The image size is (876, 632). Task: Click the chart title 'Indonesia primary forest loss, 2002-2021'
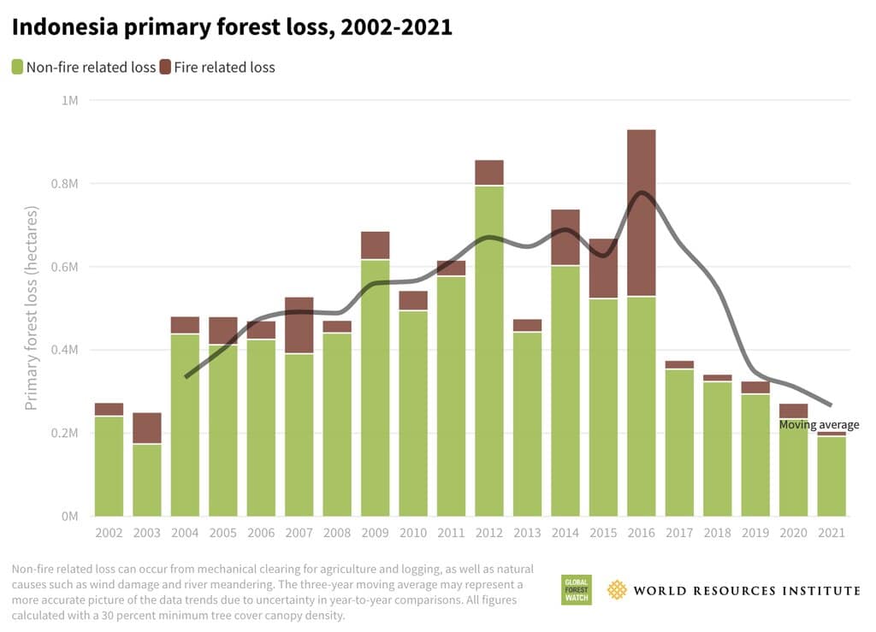coord(232,27)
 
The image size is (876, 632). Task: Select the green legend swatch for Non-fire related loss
coord(16,67)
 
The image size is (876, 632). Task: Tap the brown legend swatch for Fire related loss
coord(165,67)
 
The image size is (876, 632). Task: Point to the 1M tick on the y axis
coord(69,101)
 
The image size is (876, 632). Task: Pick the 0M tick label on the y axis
coord(69,517)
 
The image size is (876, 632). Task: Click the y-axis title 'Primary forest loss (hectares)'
coord(32,308)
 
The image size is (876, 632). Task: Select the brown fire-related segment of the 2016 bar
coord(641,213)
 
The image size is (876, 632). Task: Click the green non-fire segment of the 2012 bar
coord(489,351)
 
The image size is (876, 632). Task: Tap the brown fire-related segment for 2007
coord(299,325)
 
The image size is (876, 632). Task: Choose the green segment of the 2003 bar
coord(147,480)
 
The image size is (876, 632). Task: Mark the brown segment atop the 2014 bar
coord(565,237)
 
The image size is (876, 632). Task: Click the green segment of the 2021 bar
coord(831,476)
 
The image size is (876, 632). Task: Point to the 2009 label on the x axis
coord(375,533)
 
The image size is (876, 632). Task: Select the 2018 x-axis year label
coord(717,533)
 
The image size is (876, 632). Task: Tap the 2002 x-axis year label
coord(109,533)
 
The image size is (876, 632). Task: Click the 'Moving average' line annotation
coord(819,425)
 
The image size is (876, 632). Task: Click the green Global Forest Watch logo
coord(576,590)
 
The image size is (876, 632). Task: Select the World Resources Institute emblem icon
coord(617,590)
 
